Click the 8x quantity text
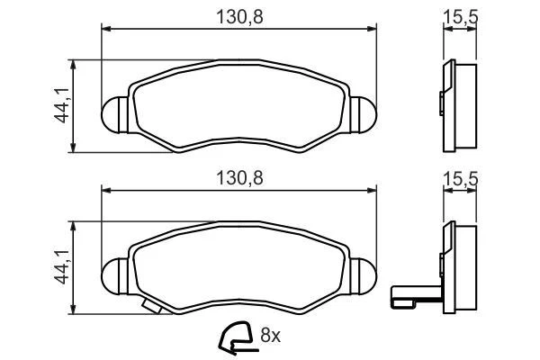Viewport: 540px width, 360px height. pos(270,335)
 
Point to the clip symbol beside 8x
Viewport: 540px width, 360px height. pos(237,337)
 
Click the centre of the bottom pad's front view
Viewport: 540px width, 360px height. pos(239,266)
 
